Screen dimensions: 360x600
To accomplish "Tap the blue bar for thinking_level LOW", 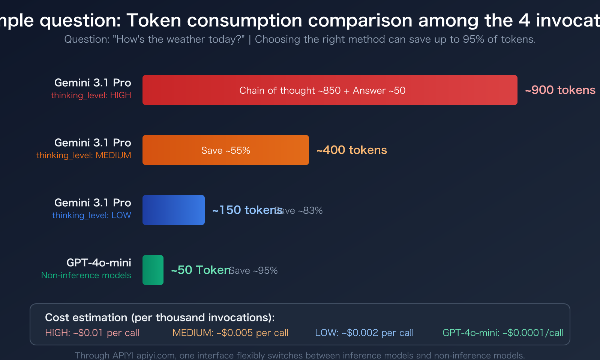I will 173,210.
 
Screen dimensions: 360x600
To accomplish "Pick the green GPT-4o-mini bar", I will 153,270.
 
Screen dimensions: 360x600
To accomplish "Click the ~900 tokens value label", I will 560,90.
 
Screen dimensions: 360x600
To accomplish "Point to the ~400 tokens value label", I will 351,150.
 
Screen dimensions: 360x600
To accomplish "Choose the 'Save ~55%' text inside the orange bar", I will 225,150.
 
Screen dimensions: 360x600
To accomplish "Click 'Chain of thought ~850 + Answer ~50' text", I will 322,90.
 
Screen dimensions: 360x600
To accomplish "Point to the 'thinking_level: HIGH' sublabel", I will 91,95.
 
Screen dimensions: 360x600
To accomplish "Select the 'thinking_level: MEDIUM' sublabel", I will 84,155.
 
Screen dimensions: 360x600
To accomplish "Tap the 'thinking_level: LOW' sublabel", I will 91,215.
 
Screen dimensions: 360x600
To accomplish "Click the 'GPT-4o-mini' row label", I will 99,262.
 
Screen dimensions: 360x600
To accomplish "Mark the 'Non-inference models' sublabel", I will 86,275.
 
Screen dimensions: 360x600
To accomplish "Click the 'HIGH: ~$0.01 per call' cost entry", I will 92,333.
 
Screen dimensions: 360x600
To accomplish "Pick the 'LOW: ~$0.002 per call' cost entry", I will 364,333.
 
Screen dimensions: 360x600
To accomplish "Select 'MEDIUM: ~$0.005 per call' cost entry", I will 230,333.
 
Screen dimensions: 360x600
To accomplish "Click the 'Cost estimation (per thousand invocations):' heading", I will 160,318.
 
